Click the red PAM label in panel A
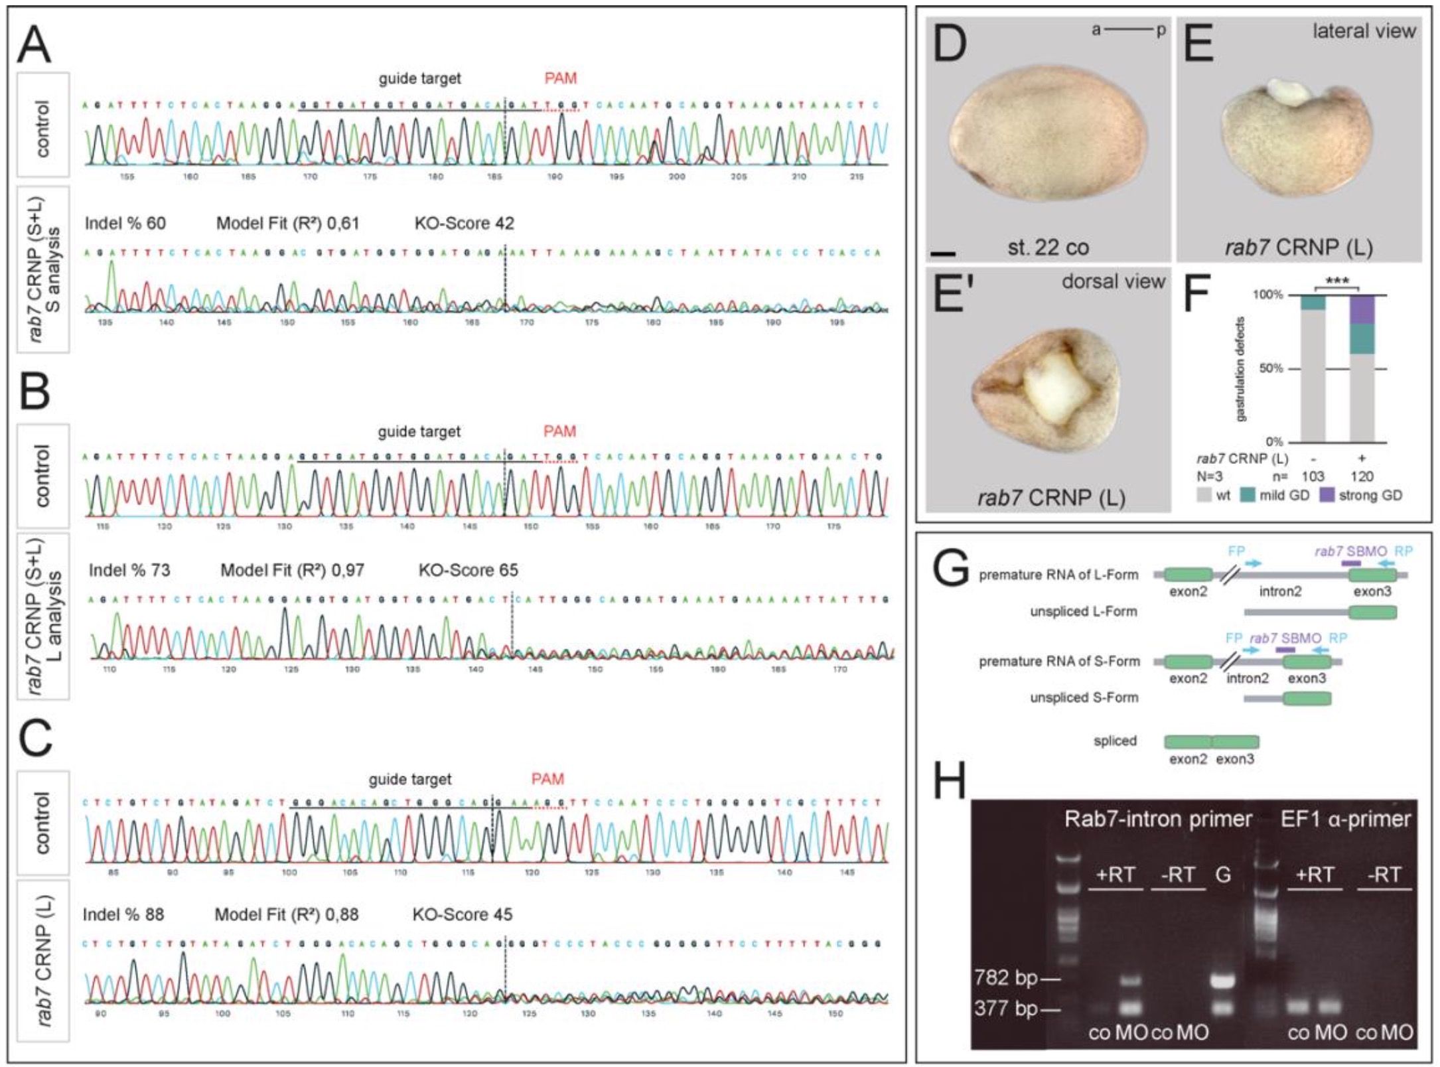[x=560, y=78]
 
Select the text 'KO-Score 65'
[x=468, y=570]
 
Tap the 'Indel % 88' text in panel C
[x=123, y=914]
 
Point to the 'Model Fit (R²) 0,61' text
[x=287, y=224]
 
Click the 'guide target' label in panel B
[x=419, y=431]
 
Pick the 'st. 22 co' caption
[x=1048, y=248]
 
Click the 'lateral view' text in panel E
[x=1364, y=31]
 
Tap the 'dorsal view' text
[x=1113, y=281]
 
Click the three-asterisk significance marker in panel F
[x=1336, y=281]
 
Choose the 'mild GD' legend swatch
[x=1248, y=495]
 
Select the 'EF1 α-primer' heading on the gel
[x=1345, y=819]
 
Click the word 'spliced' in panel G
[x=1115, y=741]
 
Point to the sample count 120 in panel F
[x=1362, y=476]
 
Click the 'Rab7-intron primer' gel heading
[x=1158, y=819]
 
